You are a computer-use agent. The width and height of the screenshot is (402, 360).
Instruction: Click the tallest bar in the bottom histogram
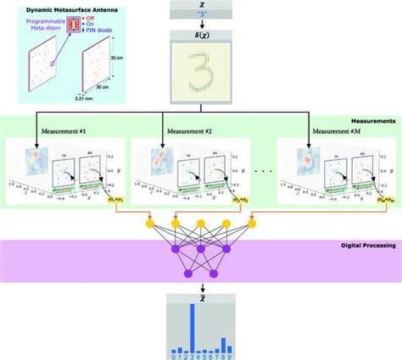point(193,327)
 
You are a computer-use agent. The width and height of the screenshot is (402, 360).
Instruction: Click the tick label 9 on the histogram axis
point(235,356)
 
